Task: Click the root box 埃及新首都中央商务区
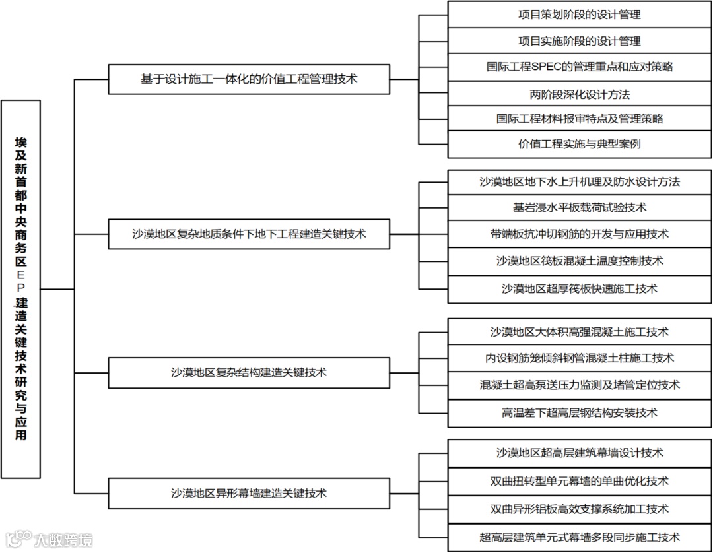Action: (21, 288)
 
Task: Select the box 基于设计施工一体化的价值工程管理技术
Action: (249, 79)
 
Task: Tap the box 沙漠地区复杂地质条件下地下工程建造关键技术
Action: (249, 234)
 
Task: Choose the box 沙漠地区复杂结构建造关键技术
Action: (249, 372)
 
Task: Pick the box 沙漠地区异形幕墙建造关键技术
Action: (249, 493)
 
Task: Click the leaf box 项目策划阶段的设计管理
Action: (579, 14)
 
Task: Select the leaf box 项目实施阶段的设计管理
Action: (579, 41)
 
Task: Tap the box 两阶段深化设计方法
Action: (579, 94)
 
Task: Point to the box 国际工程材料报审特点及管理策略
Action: (579, 119)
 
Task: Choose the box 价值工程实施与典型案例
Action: (579, 144)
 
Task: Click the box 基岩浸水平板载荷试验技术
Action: (579, 207)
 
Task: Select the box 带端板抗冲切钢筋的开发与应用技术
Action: (579, 234)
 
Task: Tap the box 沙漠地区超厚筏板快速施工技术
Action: (579, 288)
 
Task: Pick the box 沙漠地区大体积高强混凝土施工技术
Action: (579, 331)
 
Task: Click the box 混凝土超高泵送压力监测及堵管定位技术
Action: (579, 385)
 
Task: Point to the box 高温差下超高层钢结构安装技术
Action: (579, 413)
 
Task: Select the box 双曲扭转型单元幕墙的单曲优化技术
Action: (579, 481)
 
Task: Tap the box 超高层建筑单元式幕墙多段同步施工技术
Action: (579, 537)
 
